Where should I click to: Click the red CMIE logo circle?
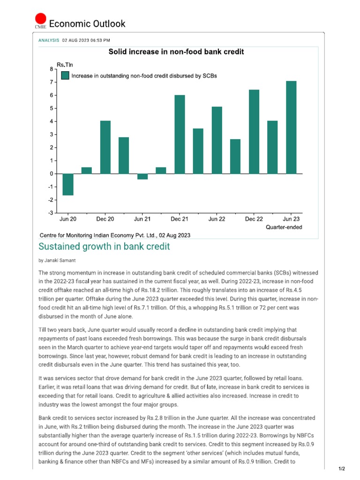click(41, 19)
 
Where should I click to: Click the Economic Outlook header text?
click(87, 24)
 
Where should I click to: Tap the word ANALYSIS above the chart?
click(48, 40)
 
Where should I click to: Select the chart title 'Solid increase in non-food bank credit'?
click(176, 52)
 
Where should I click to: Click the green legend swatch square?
click(65, 75)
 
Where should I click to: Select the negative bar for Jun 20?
click(68, 184)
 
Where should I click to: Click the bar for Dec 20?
click(105, 147)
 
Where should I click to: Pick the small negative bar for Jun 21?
click(142, 176)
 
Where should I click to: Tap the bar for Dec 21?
click(180, 135)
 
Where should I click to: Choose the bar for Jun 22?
click(217, 140)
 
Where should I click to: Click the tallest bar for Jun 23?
click(291, 127)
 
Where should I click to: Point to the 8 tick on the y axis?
click(51, 69)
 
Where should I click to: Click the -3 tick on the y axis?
click(50, 213)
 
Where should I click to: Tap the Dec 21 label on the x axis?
click(180, 219)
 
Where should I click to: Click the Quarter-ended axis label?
click(284, 227)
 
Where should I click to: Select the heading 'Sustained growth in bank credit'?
click(104, 247)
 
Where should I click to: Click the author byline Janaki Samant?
click(58, 260)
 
